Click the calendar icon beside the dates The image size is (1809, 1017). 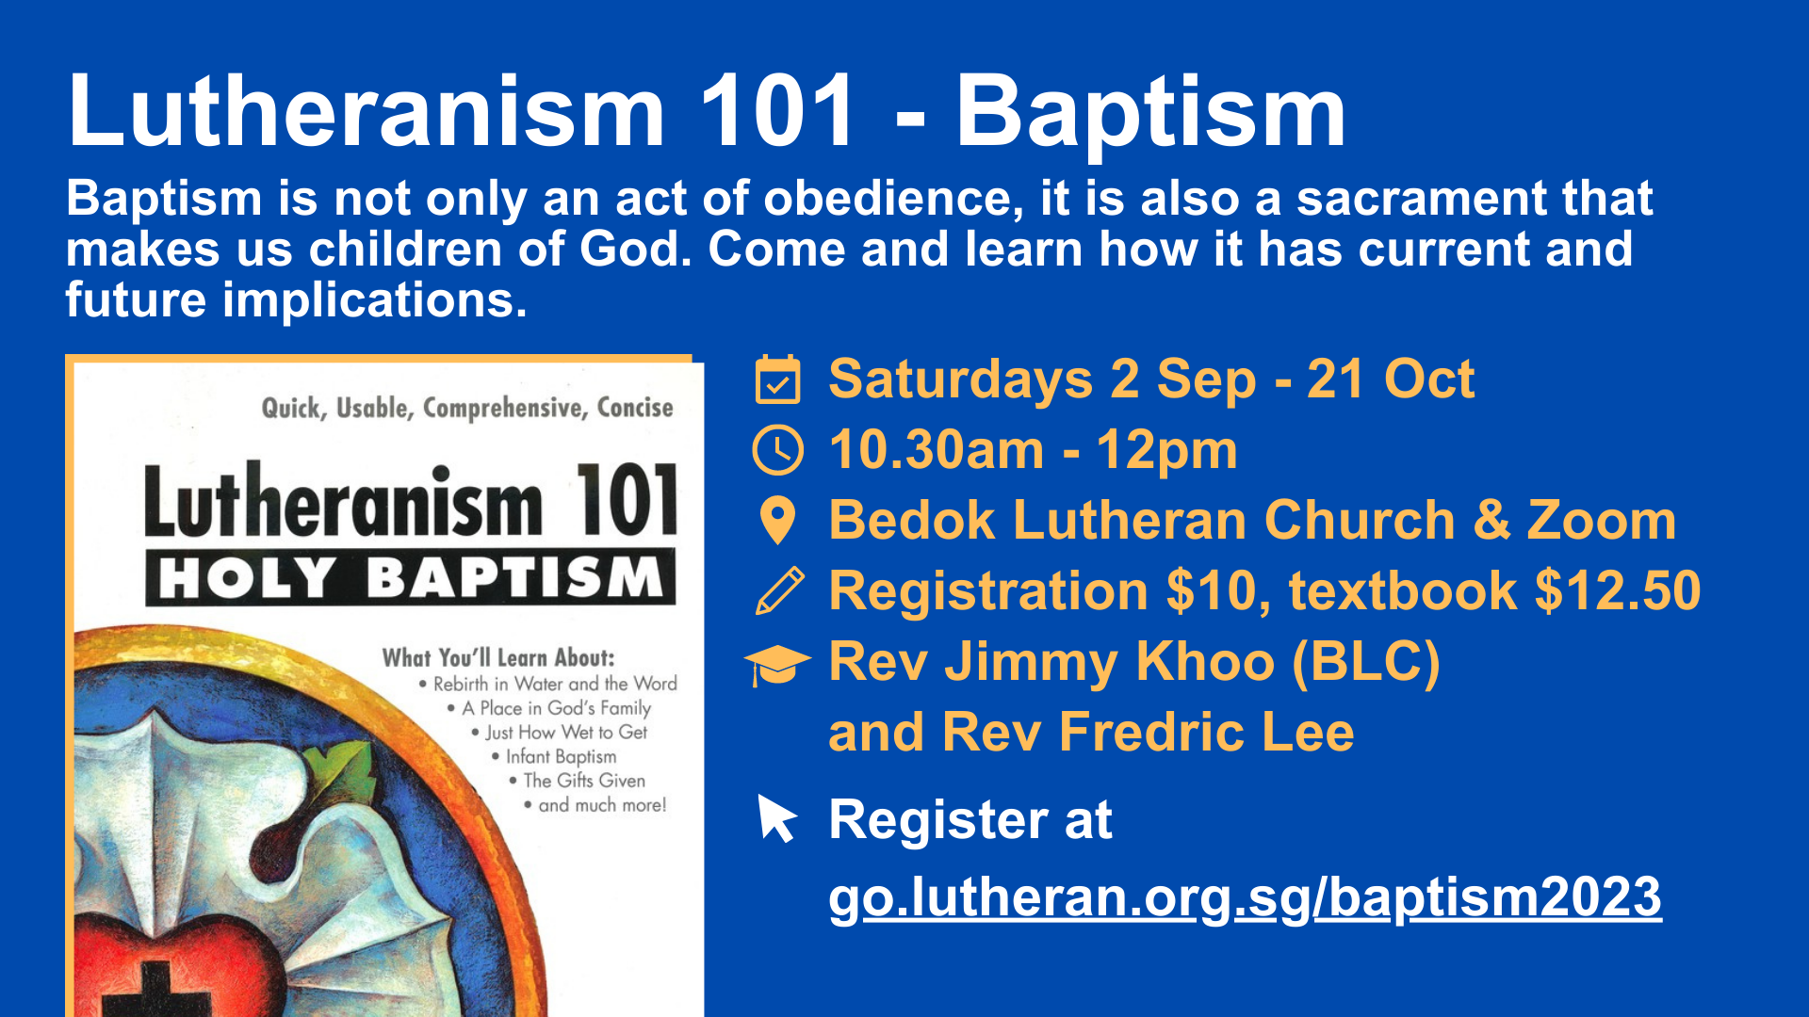point(778,379)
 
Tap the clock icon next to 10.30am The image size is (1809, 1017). point(778,449)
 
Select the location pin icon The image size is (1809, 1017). point(778,520)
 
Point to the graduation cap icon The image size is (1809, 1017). point(777,665)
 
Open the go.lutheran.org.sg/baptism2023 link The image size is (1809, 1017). point(1245,896)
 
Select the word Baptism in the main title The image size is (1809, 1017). point(1150,113)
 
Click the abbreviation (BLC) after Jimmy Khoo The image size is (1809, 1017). point(1365,662)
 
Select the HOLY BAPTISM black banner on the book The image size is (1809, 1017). point(411,576)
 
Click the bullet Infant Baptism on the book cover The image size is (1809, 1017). point(561,756)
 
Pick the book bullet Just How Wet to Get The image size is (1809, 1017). point(566,732)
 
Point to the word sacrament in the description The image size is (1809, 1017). point(1422,199)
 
